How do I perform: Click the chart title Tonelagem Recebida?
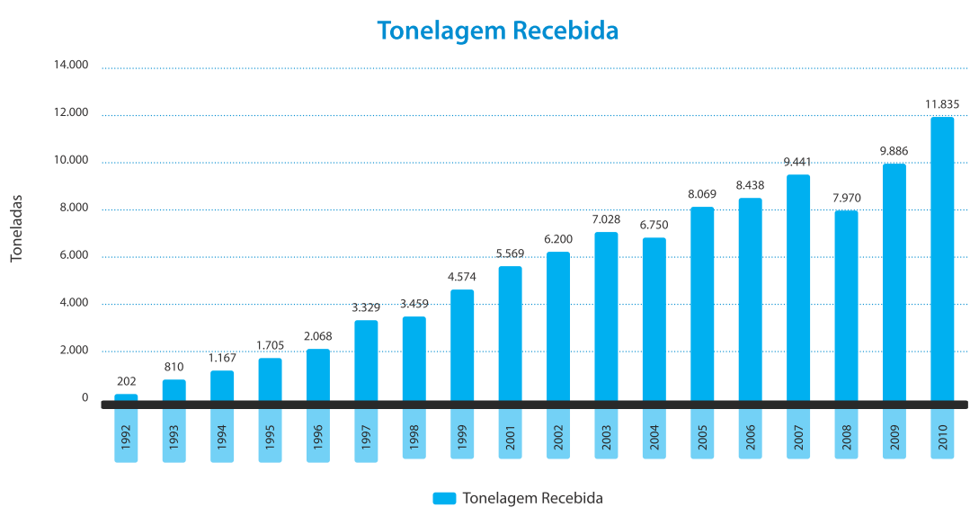pyautogui.click(x=497, y=30)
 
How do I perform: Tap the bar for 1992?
pyautogui.click(x=126, y=397)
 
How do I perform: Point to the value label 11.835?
pyautogui.click(x=942, y=104)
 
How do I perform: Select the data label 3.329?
pyautogui.click(x=366, y=307)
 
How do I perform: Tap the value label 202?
pyautogui.click(x=126, y=381)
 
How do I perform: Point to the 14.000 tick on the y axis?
pyautogui.click(x=71, y=65)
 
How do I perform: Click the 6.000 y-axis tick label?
pyautogui.click(x=74, y=255)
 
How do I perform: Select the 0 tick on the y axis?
pyautogui.click(x=85, y=397)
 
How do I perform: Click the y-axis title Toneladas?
pyautogui.click(x=15, y=228)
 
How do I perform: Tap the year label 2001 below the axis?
pyautogui.click(x=510, y=434)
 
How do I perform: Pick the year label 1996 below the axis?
pyautogui.click(x=318, y=436)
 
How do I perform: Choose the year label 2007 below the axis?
pyautogui.click(x=798, y=434)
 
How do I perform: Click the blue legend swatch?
pyautogui.click(x=444, y=498)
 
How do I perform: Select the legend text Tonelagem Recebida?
pyautogui.click(x=532, y=498)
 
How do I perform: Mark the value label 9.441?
pyautogui.click(x=798, y=162)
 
